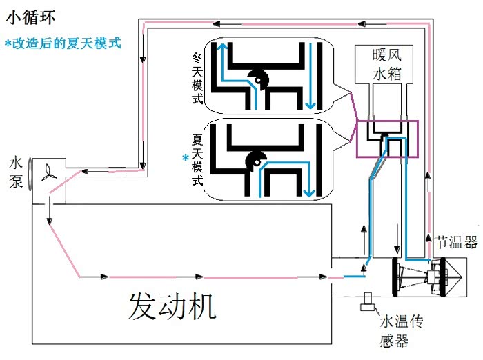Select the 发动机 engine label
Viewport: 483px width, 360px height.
point(172,306)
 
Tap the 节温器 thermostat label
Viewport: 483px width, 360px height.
point(456,241)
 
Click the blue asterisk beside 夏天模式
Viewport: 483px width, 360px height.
point(185,158)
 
